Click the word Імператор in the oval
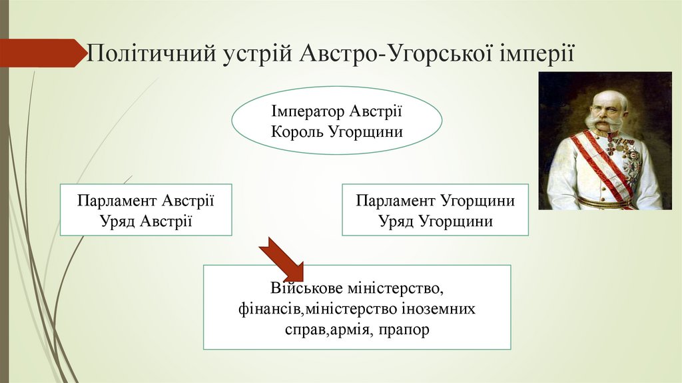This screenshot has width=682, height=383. click(306, 111)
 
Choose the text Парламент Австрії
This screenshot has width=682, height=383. click(146, 201)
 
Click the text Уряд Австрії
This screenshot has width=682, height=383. click(146, 221)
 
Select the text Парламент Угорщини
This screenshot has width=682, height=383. click(436, 201)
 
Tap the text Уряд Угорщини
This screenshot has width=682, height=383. click(436, 221)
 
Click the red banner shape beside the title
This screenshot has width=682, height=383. click(40, 53)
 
